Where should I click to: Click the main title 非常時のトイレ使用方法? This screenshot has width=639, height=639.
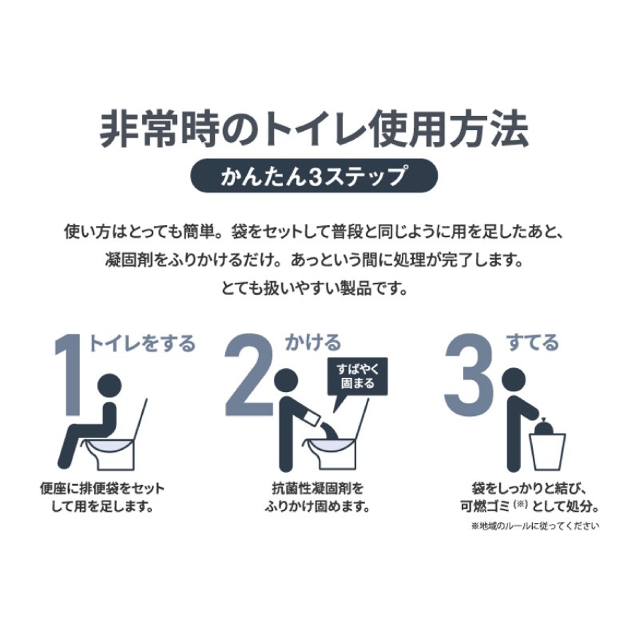pos(314,130)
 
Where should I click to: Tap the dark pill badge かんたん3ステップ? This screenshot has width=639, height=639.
pos(314,176)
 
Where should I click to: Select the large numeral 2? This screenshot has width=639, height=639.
pos(250,374)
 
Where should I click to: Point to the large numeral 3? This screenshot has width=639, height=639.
pos(470,374)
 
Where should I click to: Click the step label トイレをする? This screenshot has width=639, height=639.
pos(142,343)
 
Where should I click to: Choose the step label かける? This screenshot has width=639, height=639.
pos(313,343)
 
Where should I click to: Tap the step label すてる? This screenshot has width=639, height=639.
pos(532,343)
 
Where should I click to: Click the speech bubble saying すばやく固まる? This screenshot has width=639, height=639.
pos(357,376)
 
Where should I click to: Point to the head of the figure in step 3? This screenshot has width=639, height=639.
pos(514,381)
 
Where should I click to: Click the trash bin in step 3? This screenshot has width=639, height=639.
pos(547,451)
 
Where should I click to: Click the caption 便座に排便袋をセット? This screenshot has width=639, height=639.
pos(102,488)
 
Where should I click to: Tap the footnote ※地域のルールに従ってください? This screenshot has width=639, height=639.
pos(535,526)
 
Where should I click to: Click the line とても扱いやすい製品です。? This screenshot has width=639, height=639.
pos(314,289)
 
